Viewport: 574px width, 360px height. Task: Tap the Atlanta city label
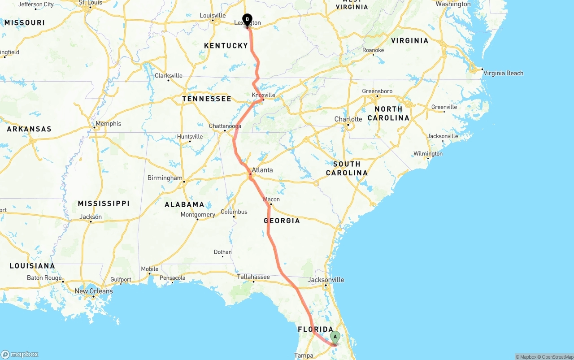[x=262, y=170]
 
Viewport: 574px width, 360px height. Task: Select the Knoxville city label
[x=263, y=95]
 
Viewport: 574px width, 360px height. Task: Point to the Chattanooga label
[x=225, y=126]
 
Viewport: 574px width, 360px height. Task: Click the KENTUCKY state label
[x=226, y=45]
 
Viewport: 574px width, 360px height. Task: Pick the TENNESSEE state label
[x=207, y=99]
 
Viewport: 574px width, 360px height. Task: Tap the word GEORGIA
[x=282, y=221]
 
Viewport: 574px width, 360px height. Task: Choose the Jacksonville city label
[x=326, y=280]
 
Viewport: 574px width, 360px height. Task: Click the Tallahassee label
[x=253, y=277]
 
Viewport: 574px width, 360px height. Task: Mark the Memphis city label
[x=108, y=124]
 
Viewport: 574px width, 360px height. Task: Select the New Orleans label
[x=94, y=291]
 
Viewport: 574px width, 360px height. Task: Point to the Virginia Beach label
[x=504, y=73]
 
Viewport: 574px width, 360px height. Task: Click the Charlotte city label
[x=348, y=119]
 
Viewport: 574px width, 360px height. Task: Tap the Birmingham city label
[x=165, y=178]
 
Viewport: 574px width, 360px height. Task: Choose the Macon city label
[x=271, y=200]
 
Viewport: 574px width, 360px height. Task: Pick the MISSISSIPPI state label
[x=104, y=204]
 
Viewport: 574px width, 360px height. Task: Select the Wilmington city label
[x=428, y=154]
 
